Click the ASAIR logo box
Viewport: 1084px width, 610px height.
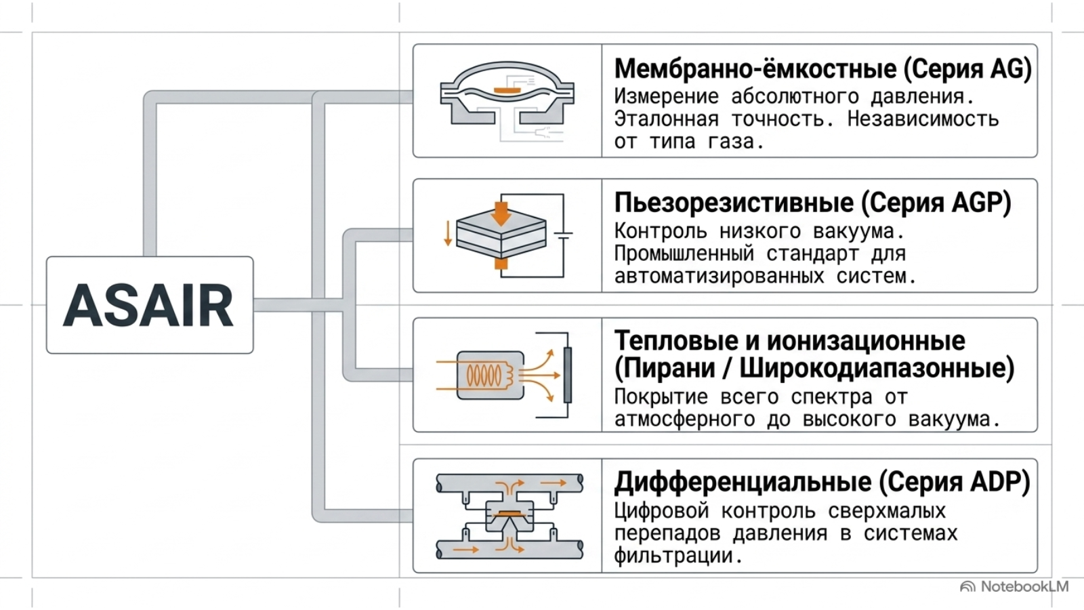[150, 305]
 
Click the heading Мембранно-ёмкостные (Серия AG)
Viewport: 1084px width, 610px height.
[822, 69]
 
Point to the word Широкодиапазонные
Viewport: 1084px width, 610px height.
[872, 369]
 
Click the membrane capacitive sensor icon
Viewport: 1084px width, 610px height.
[507, 101]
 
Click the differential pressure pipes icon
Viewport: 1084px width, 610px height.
[509, 516]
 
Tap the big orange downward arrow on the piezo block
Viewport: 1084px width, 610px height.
[501, 215]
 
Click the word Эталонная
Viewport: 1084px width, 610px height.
[667, 119]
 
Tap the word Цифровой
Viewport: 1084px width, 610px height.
[661, 512]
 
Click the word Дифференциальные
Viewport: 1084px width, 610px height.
[741, 483]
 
